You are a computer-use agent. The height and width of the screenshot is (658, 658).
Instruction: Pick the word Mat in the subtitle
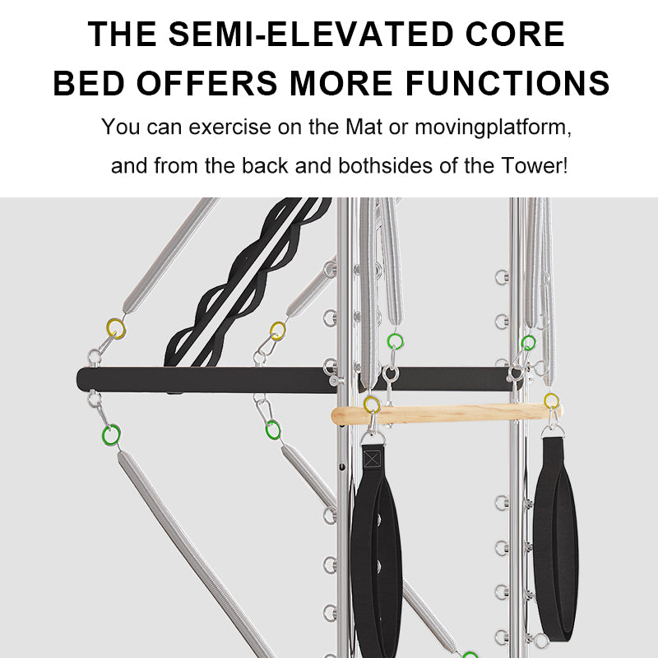tap(359, 128)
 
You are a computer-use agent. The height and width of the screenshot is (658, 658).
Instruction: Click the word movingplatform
tap(493, 128)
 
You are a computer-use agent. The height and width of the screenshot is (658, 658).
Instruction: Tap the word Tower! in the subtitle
tap(534, 165)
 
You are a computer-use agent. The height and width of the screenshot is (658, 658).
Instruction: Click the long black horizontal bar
tap(206, 379)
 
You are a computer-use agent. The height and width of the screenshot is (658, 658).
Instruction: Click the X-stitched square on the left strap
tap(373, 458)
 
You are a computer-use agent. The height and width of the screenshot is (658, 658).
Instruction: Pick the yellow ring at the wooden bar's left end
tap(372, 404)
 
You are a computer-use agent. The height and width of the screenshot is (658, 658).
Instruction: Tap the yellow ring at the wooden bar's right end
tap(552, 401)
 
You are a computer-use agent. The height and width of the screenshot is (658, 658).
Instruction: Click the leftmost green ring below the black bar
tap(110, 434)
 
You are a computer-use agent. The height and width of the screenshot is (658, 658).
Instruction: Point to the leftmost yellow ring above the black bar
tap(116, 330)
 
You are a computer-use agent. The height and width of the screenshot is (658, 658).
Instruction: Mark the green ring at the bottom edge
tap(470, 655)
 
